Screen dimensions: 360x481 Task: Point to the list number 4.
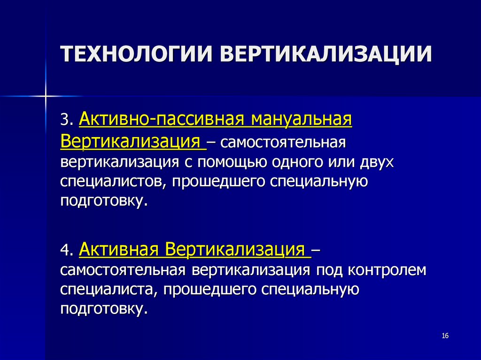pyautogui.click(x=66, y=251)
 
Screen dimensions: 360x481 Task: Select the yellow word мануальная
pyautogui.click(x=301, y=119)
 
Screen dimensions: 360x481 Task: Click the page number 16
pyautogui.click(x=445, y=336)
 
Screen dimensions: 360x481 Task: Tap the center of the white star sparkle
pyautogui.click(x=46, y=96)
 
